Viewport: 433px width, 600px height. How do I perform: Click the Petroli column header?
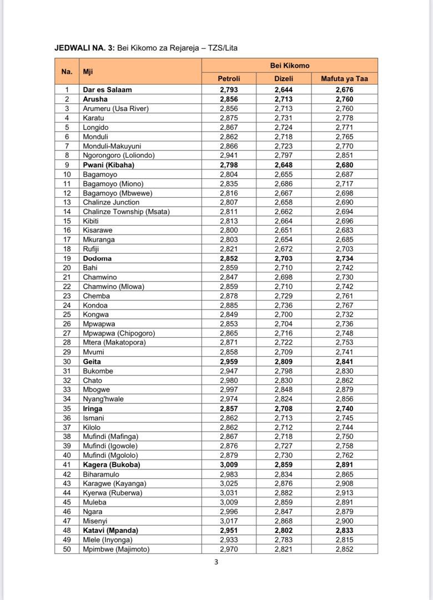(229, 79)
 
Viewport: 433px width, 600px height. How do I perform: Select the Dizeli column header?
(283, 79)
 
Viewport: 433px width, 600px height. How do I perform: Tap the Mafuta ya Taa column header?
(344, 79)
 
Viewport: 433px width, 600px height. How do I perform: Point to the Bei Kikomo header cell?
(289, 66)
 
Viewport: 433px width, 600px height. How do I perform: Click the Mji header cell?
(88, 72)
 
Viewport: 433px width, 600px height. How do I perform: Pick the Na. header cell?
(67, 72)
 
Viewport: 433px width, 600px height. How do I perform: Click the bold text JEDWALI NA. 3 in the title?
(84, 48)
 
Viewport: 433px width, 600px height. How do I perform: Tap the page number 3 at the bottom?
(216, 562)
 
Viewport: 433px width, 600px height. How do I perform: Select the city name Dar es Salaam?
(107, 89)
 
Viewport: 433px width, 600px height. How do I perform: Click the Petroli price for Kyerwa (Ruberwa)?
(229, 493)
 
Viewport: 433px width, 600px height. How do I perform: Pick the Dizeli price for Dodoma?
(283, 258)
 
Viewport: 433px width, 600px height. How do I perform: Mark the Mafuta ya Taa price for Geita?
(344, 362)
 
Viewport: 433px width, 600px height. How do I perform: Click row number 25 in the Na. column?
(67, 314)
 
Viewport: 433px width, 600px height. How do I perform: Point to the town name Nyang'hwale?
(103, 399)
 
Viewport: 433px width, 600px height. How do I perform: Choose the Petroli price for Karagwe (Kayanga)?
(229, 483)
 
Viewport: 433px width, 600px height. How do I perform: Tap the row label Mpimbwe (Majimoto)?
(116, 549)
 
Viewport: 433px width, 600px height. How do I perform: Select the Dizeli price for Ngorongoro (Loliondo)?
(283, 156)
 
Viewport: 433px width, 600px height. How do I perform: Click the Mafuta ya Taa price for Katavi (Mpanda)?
(344, 531)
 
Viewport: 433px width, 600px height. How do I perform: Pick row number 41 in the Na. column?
(67, 464)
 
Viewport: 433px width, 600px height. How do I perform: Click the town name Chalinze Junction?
(111, 202)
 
